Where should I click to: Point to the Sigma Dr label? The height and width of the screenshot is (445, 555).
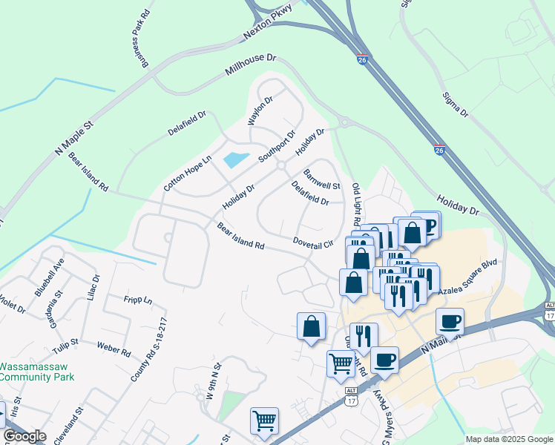tap(455, 104)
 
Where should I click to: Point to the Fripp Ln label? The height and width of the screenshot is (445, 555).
tap(138, 300)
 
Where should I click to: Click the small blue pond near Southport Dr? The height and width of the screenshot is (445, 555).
tap(237, 158)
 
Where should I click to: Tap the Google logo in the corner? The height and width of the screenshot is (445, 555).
tap(24, 436)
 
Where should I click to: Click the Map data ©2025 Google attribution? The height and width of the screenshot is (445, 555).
tap(508, 439)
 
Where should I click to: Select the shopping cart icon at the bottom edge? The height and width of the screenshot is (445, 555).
tap(264, 421)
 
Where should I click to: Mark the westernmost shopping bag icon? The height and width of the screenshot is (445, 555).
tap(311, 326)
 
